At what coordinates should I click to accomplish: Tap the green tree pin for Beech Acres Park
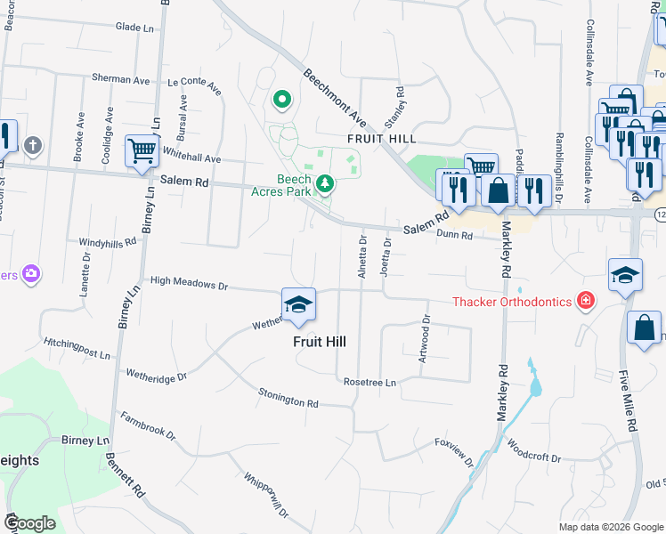pos(326,183)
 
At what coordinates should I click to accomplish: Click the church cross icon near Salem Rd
pos(33,145)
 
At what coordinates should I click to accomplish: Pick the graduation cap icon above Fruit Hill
pos(298,305)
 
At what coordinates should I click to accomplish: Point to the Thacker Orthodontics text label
pos(512,302)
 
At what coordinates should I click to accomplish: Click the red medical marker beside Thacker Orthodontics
pos(586,301)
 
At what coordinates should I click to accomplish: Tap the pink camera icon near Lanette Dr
pos(32,273)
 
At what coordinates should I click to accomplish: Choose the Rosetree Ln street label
pos(370,382)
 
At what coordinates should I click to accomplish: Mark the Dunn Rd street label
pos(453,234)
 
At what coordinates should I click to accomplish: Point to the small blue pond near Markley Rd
pos(534,383)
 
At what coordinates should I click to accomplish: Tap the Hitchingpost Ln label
pos(76,348)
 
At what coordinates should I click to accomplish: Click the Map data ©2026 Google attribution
pos(610,527)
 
